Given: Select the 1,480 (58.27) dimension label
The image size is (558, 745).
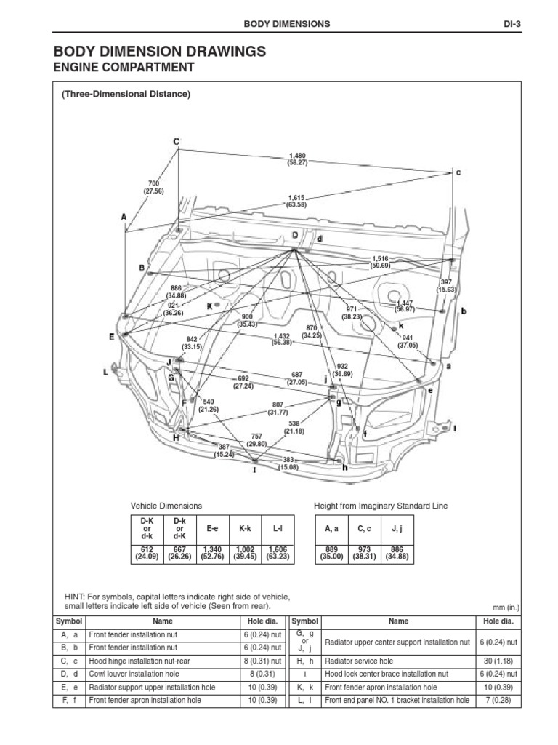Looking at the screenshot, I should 297,159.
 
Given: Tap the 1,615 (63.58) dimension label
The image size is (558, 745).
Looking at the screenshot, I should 296,202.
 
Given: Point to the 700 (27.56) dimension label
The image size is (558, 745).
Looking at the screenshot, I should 154,187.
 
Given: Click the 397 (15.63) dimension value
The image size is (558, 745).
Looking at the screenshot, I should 447,285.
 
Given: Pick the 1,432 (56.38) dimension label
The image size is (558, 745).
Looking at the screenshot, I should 283,340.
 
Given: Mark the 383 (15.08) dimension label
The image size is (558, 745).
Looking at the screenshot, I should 288,463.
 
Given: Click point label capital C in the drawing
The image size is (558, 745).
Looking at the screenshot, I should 176,140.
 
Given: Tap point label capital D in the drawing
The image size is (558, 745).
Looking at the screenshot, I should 295,235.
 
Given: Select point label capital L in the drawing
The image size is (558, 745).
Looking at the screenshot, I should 105,372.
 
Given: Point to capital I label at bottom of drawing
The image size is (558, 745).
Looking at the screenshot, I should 254,470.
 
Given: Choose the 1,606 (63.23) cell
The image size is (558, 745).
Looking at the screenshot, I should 278,554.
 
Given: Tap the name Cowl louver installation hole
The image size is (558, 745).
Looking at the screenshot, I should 136,674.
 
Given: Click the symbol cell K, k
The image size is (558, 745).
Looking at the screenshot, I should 304,687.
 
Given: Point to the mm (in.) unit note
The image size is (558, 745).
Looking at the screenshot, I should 506,607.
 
